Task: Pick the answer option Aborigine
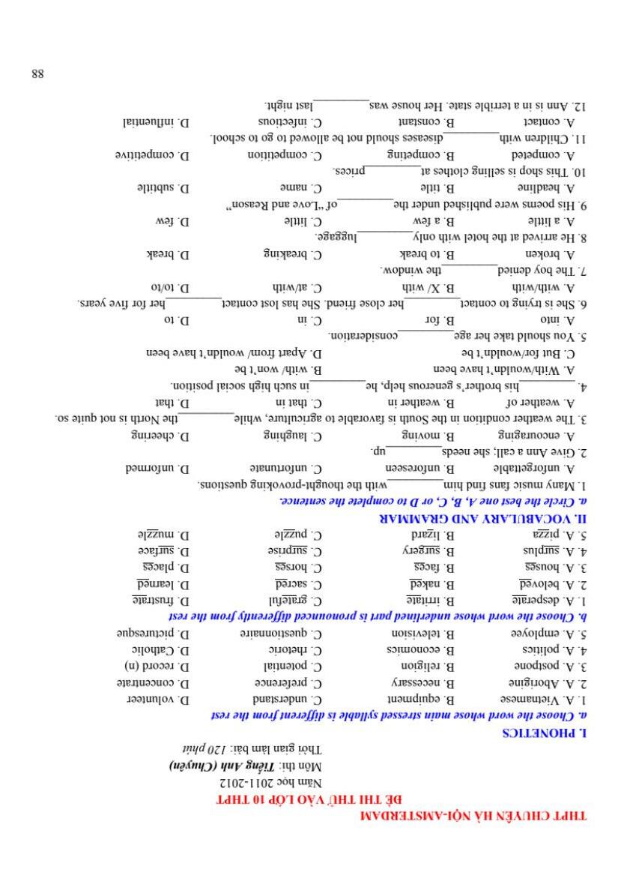533,682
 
